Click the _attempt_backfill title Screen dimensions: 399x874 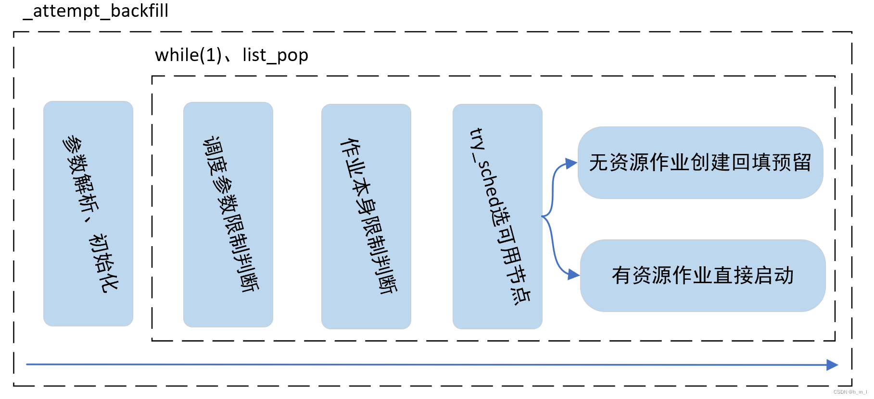96,11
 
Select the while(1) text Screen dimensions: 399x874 188,55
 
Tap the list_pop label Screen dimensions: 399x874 275,56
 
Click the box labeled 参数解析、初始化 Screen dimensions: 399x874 88,213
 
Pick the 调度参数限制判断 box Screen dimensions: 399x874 228,214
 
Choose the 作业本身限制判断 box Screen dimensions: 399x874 366,216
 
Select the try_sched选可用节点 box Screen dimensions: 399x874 497,216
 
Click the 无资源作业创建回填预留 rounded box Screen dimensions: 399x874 700,162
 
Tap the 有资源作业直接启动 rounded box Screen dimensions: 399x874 702,275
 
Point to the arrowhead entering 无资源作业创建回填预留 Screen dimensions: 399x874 571,164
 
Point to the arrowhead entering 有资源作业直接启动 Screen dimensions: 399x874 573,274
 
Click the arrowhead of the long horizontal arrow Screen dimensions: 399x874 832,365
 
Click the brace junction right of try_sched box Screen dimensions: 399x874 544,216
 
